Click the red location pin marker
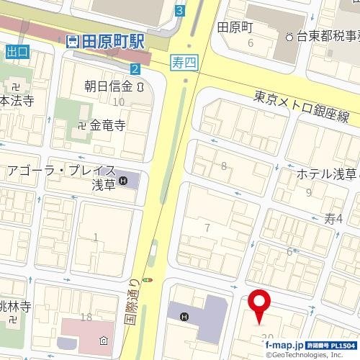point(258,302)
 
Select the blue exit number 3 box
point(179,11)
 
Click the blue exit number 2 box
point(135,68)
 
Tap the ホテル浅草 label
point(326,174)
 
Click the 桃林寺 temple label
point(14,307)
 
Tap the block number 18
point(86,317)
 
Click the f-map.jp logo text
point(284,345)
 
